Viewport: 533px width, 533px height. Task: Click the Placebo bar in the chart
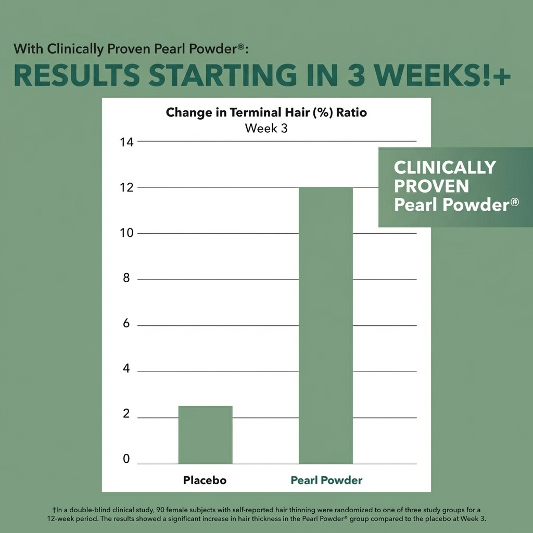click(x=205, y=435)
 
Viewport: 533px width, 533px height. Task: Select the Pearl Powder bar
click(x=326, y=325)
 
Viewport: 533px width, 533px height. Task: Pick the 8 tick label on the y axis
click(x=126, y=278)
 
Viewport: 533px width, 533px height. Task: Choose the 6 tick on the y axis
click(x=126, y=325)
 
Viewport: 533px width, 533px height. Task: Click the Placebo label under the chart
click(x=205, y=480)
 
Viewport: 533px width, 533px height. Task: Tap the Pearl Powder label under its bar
click(x=326, y=480)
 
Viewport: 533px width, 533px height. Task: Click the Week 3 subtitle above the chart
click(x=266, y=128)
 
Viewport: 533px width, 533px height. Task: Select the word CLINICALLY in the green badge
click(x=445, y=168)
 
